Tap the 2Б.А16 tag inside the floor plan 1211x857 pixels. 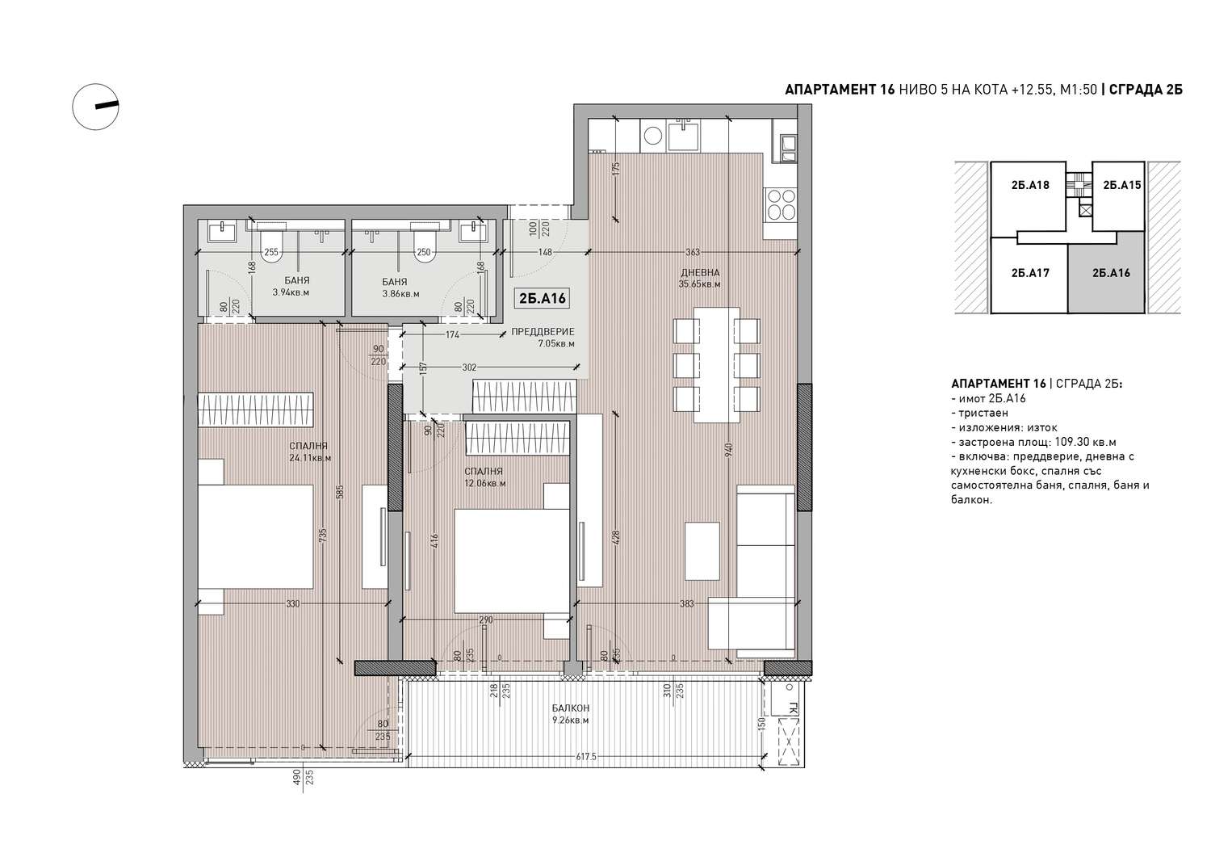click(x=542, y=298)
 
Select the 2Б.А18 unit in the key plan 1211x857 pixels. click(x=1030, y=185)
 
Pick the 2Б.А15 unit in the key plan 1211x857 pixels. click(x=1122, y=185)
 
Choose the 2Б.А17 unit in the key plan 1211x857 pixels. click(x=1030, y=273)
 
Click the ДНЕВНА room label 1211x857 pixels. click(x=700, y=273)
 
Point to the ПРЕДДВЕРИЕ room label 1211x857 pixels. click(x=543, y=332)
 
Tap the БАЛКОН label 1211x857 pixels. click(x=570, y=708)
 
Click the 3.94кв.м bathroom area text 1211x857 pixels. click(x=291, y=292)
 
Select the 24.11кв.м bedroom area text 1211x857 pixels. click(x=310, y=458)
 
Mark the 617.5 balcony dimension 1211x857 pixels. click(x=585, y=756)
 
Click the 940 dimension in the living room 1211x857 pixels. click(x=728, y=450)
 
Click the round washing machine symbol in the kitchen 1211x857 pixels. click(x=653, y=135)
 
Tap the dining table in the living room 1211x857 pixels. click(x=717, y=364)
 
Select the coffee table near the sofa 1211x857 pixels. click(x=702, y=551)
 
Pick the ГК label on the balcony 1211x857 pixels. click(x=793, y=708)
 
